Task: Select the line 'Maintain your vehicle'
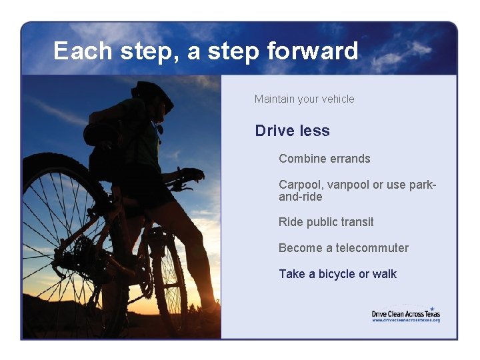pos(304,99)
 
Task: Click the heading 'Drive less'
pos(292,131)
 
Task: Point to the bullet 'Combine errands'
pos(324,159)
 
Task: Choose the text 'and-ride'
pos(300,197)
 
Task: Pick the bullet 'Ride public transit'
pos(326,222)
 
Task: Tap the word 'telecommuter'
pos(372,248)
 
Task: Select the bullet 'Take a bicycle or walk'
pos(337,274)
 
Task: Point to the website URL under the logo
pos(405,320)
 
